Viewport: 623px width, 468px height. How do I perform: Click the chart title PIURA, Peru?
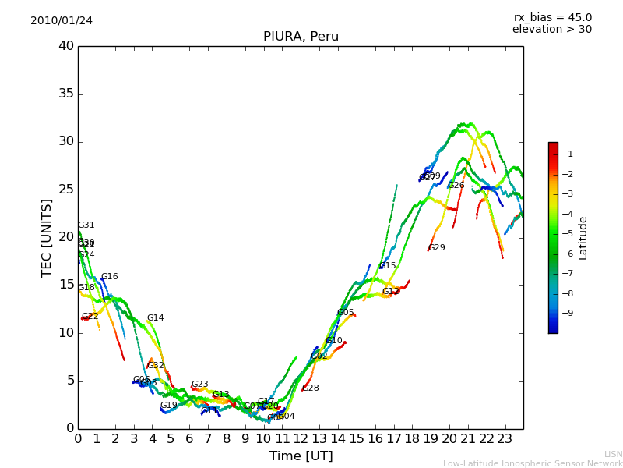point(301,37)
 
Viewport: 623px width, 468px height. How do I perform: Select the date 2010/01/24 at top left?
point(62,20)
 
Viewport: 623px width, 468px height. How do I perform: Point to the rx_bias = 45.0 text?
point(552,17)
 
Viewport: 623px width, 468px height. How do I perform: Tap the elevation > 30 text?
point(551,30)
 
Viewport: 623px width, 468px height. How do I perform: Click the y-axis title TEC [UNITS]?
point(48,237)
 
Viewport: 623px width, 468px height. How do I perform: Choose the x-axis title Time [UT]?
point(301,456)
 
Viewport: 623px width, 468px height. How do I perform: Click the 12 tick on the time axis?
point(301,439)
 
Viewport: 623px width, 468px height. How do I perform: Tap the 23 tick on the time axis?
point(505,439)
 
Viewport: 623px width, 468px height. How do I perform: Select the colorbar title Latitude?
point(583,238)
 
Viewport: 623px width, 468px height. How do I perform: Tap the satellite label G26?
point(456,186)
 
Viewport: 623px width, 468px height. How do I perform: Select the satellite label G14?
point(156,318)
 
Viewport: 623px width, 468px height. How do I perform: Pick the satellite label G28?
point(311,388)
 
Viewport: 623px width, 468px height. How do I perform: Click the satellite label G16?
point(110,277)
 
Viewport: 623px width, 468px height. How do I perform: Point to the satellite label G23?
point(200,385)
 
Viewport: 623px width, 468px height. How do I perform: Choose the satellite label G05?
point(346,313)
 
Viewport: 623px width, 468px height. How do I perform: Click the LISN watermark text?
point(614,454)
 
